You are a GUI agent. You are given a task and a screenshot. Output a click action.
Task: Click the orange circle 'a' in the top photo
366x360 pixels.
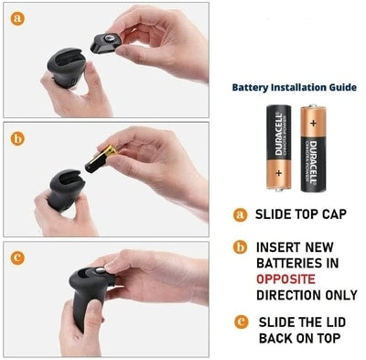click(17, 18)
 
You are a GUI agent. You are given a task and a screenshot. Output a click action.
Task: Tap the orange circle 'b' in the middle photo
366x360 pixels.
click(17, 139)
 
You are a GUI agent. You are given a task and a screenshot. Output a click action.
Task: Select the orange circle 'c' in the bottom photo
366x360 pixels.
click(17, 258)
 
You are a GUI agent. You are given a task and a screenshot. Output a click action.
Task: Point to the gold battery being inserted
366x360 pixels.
click(101, 159)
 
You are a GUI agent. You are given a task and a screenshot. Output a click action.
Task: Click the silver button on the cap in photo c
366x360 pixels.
click(100, 270)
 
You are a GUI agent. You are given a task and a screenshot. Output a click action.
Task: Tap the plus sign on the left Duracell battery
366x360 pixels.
click(278, 173)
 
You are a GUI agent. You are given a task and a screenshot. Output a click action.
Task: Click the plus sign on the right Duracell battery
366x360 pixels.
click(313, 124)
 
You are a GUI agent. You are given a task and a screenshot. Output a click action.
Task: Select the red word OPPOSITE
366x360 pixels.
click(285, 279)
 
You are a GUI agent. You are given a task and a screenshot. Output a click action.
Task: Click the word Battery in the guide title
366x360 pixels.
click(250, 88)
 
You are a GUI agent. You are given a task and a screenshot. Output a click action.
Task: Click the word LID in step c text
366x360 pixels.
click(334, 322)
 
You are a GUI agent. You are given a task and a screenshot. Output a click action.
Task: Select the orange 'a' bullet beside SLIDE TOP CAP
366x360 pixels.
click(241, 214)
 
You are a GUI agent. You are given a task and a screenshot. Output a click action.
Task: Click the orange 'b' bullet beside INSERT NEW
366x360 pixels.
click(240, 247)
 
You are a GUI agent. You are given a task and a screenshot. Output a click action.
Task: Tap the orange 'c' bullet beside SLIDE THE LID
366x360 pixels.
click(242, 322)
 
